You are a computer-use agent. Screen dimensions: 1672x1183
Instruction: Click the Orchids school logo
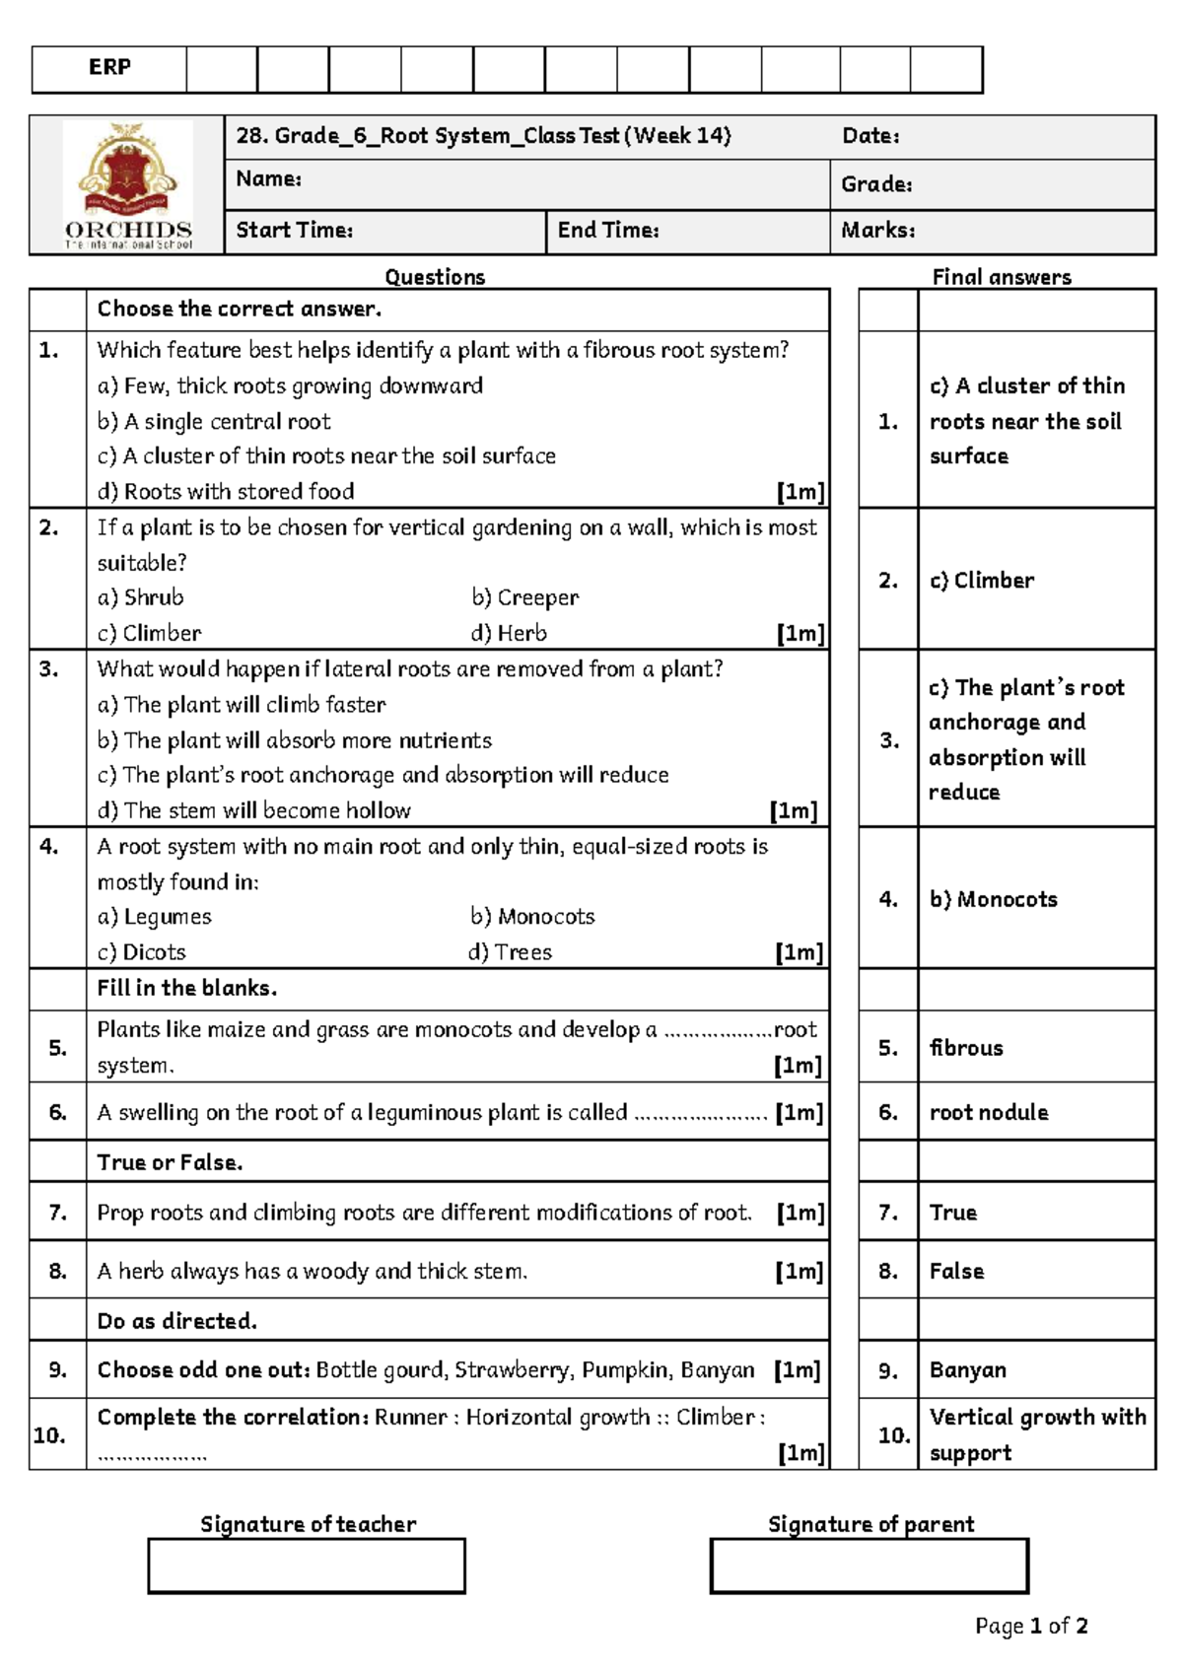[x=128, y=185]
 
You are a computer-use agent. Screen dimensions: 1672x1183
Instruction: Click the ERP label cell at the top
[x=109, y=68]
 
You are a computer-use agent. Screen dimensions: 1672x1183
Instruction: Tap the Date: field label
[x=870, y=137]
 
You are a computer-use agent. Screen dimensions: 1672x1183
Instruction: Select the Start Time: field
[x=294, y=231]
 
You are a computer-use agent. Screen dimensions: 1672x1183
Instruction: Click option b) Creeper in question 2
[x=524, y=597]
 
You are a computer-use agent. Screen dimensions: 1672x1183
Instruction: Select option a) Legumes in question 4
[x=154, y=917]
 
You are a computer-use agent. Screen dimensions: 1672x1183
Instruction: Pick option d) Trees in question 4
[x=510, y=952]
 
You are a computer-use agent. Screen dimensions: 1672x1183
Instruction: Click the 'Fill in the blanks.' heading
[x=186, y=988]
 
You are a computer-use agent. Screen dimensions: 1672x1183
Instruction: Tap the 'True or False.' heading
[x=170, y=1162]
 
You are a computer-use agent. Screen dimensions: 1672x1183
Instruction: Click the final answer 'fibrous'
[x=965, y=1048]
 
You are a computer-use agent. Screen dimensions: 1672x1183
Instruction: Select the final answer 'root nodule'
[x=988, y=1113]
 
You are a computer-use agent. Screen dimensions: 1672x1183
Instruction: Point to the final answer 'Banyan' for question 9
[x=967, y=1370]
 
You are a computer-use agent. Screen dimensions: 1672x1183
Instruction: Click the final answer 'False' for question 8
[x=956, y=1272]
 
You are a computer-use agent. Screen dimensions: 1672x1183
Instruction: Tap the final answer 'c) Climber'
[x=981, y=581]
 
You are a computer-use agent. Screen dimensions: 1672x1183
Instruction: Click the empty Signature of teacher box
[x=307, y=1566]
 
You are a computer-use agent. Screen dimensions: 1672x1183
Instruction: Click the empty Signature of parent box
[x=869, y=1566]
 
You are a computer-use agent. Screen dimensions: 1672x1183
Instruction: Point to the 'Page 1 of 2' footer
[x=1031, y=1627]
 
